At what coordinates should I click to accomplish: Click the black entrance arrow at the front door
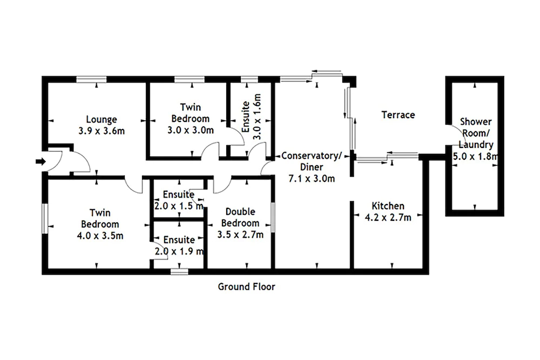coord(40,161)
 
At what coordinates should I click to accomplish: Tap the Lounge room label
coord(102,119)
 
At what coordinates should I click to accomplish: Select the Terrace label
coord(398,114)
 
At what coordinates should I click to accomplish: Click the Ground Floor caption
coord(247,287)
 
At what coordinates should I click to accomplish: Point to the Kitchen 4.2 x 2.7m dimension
coord(388,218)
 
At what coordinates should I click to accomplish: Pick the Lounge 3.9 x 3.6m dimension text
coord(102,131)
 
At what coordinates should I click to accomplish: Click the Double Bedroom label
coord(240,217)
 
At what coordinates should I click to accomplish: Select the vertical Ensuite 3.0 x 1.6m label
coord(252,117)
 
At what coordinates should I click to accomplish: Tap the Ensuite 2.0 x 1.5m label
coord(179,200)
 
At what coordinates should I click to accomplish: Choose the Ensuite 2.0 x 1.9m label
coord(179,246)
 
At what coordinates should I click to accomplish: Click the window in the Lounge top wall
coord(91,79)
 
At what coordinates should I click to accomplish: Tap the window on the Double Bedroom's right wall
coord(273,217)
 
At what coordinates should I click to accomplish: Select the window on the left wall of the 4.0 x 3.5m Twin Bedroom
coord(45,219)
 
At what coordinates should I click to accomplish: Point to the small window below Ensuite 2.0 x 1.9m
coord(179,272)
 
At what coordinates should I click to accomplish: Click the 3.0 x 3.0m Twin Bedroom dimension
coord(191,131)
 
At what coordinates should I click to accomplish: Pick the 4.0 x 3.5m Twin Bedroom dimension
coord(100,236)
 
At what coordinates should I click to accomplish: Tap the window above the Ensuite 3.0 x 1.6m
coord(249,79)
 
